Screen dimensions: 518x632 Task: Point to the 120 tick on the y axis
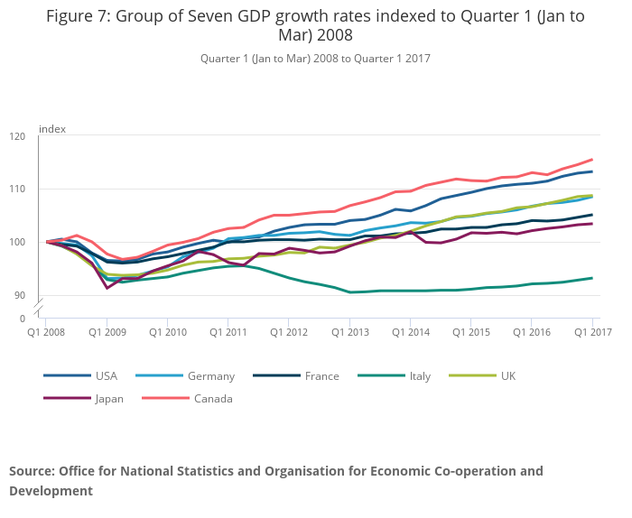click(17, 136)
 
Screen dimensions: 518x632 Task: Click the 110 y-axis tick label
click(17, 189)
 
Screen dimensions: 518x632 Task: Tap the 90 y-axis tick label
click(20, 295)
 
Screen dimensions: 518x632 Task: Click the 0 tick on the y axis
click(23, 318)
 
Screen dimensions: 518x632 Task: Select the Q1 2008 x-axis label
click(47, 332)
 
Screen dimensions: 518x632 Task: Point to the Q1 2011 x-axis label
click(228, 332)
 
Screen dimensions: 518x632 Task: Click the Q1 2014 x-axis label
click(410, 332)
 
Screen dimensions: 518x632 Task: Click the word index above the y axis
click(52, 129)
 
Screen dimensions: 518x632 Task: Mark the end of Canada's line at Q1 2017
click(592, 159)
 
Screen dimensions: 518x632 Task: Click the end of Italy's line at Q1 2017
click(592, 278)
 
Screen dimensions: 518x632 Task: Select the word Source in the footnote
click(32, 471)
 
